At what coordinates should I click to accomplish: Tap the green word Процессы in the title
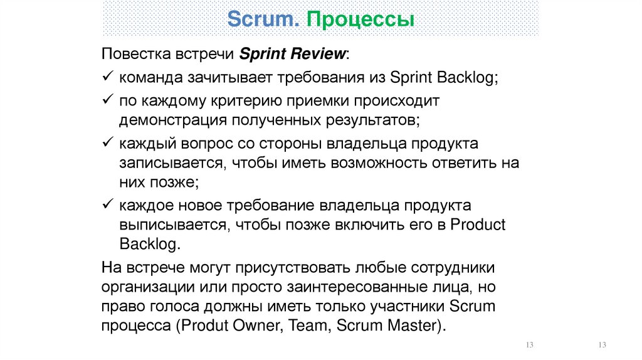click(x=360, y=19)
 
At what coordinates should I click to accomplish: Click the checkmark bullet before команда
click(x=107, y=77)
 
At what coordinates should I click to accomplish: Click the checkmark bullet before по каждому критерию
click(x=107, y=100)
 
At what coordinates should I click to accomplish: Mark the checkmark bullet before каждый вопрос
click(x=107, y=141)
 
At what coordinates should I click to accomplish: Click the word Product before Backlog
click(x=478, y=225)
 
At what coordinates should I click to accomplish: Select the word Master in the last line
click(x=412, y=326)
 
